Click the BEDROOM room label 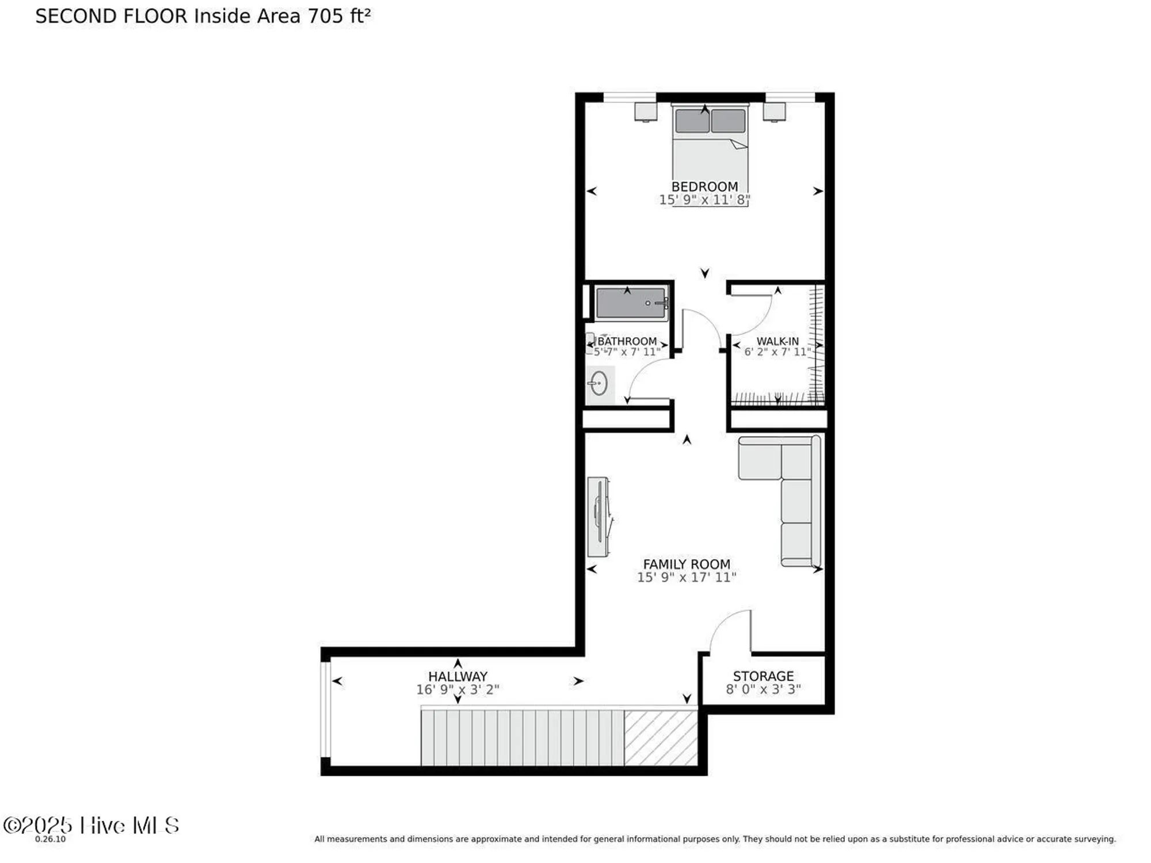click(704, 186)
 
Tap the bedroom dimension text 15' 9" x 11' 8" click(704, 200)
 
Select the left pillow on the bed click(692, 121)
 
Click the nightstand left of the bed click(646, 112)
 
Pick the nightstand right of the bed click(774, 112)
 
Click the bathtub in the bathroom click(631, 303)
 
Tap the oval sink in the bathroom click(599, 384)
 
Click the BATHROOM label click(627, 341)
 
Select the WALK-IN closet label click(777, 341)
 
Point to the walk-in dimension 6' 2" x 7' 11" click(777, 352)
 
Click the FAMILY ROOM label click(687, 564)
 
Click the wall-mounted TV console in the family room click(599, 517)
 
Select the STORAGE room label click(763, 676)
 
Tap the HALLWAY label click(458, 677)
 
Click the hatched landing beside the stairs click(661, 738)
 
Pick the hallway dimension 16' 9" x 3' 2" click(458, 689)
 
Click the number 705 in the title click(325, 16)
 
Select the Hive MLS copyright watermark click(91, 826)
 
